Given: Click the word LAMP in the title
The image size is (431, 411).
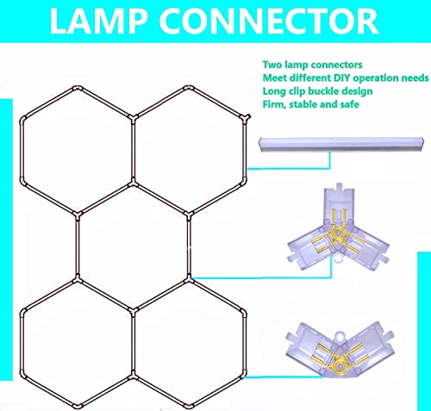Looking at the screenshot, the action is (97, 22).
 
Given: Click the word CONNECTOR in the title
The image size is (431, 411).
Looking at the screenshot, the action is (269, 22).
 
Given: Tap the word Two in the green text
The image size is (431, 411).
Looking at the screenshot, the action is (272, 65).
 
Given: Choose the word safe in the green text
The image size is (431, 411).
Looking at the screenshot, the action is (349, 104).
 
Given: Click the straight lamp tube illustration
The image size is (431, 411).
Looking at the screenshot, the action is (341, 145).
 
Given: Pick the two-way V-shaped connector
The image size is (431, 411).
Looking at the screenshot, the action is (340, 353).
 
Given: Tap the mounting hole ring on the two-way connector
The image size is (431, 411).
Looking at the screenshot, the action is (340, 335).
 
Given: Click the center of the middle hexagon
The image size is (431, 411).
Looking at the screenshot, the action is (133, 246).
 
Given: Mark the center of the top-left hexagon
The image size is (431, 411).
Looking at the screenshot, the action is (77, 150).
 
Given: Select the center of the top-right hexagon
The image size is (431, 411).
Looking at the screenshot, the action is (189, 150).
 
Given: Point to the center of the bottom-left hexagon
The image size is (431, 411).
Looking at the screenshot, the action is (77, 344).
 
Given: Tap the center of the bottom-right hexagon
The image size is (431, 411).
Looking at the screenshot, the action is (189, 344).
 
